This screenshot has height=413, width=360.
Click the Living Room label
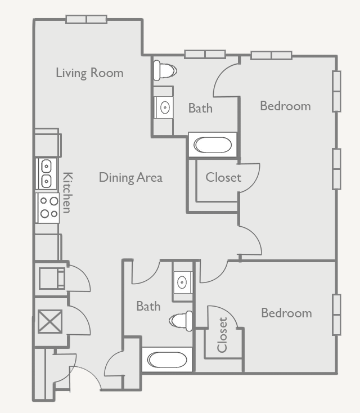coord(89,73)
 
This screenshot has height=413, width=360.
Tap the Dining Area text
coord(130,178)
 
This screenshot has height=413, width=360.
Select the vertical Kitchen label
coord(66,192)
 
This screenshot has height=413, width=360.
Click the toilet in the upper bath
coord(164,70)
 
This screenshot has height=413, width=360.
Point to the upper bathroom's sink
coord(164,107)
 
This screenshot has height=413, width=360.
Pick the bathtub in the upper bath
coord(213,145)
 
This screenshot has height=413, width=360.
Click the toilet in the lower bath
coord(182,320)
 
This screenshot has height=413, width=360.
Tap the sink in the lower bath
coord(182,282)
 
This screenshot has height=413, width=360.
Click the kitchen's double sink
coord(47,174)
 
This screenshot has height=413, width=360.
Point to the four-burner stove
coord(48,207)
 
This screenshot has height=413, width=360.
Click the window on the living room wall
coord(86,20)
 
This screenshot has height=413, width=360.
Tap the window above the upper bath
coord(205,55)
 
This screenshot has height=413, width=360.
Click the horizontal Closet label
coord(223,178)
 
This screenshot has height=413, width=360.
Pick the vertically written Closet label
coord(222,335)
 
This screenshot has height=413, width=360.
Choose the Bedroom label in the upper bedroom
coord(285,106)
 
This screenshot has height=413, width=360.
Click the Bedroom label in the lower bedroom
coord(286,313)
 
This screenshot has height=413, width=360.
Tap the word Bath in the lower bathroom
coord(148,307)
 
